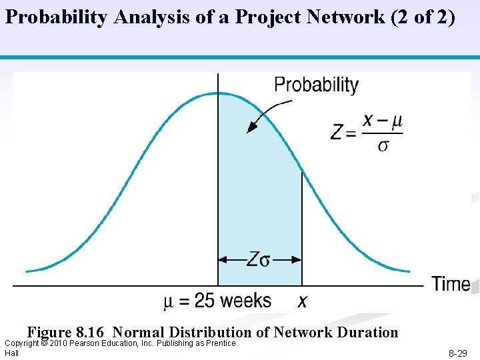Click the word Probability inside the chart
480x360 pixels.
[317, 85]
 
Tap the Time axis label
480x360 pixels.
[451, 284]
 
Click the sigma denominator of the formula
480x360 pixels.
[383, 145]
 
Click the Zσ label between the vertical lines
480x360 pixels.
[259, 259]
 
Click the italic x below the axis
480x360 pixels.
[303, 302]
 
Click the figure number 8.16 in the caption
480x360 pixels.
[92, 332]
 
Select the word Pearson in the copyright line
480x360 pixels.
[93, 343]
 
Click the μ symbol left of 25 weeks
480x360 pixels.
[169, 302]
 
